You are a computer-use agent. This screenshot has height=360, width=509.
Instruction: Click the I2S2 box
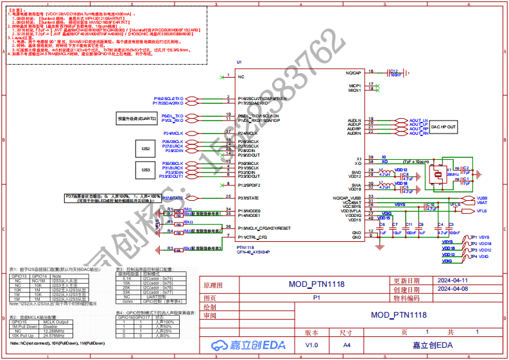coord(146,148)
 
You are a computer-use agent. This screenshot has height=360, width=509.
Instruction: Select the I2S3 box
coord(146,170)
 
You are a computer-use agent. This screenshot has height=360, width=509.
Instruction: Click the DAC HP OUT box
coord(444,128)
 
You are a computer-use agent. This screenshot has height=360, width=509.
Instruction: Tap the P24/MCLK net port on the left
coord(175,133)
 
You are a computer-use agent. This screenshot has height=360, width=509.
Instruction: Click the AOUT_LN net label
coord(418,120)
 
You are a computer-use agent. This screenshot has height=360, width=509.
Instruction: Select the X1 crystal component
coord(437,173)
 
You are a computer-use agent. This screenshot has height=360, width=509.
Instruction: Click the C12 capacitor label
coord(395,71)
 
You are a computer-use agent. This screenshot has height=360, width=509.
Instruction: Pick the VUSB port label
coord(482,198)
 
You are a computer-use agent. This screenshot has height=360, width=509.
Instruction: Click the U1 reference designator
coord(239,62)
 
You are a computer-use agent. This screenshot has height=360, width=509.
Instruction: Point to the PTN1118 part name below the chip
coord(245,247)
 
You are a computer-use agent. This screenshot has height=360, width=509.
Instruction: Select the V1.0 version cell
coord(311,345)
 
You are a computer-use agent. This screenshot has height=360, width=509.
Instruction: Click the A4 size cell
coord(347,345)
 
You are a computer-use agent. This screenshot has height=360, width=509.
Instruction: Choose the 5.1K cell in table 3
coord(126,279)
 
